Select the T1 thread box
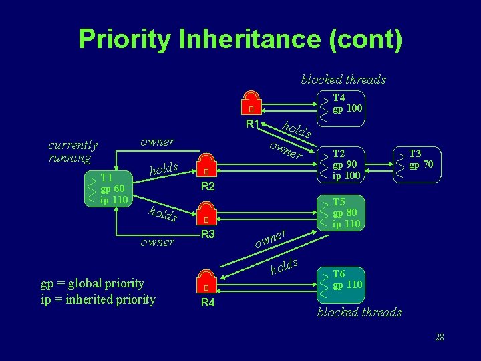[x=108, y=189]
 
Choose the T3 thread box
[x=418, y=164]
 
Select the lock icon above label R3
[x=207, y=214]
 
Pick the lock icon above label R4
[x=207, y=282]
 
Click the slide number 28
[x=439, y=338]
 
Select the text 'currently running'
[x=73, y=151]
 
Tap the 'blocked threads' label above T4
[x=343, y=79]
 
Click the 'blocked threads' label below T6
[x=359, y=312]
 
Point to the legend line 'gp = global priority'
[x=92, y=283]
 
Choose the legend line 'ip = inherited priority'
[x=98, y=299]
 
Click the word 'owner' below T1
[x=157, y=242]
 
